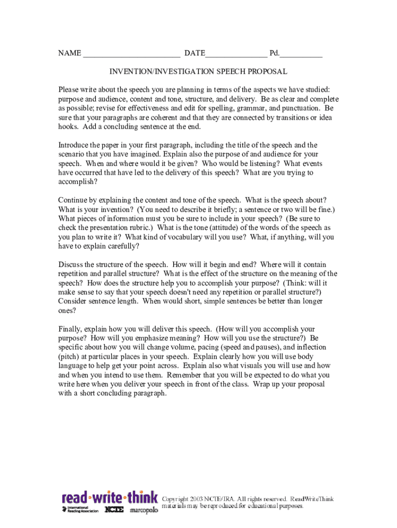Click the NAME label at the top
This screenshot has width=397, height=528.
pos(70,53)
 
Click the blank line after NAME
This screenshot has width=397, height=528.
pos(131,55)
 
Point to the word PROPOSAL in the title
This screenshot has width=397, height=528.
pos(268,72)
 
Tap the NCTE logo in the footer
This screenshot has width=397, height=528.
pos(113,510)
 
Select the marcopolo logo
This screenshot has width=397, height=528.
pos(143,510)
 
